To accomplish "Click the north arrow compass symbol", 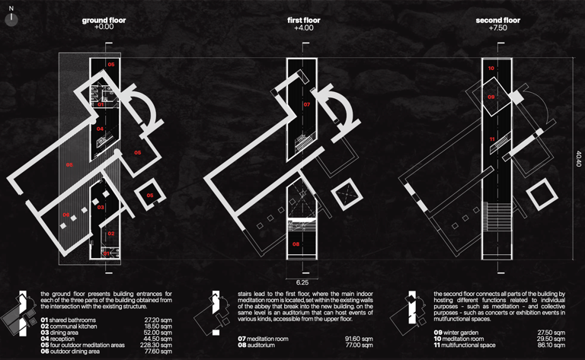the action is [x=11, y=14].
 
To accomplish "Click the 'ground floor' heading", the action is [x=104, y=21].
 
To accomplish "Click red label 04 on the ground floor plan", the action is [x=100, y=129].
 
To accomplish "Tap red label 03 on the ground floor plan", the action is [x=101, y=207].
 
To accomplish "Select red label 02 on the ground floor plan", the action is [x=110, y=234].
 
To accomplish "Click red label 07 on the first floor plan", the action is [x=306, y=105].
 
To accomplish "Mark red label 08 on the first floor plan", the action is [x=296, y=244].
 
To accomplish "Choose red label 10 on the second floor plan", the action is [x=491, y=68].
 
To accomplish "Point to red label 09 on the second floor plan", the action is [x=491, y=97].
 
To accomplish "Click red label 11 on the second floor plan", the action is [x=492, y=139].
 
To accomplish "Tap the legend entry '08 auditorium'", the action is [x=264, y=345].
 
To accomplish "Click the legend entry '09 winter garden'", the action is [x=462, y=333].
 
